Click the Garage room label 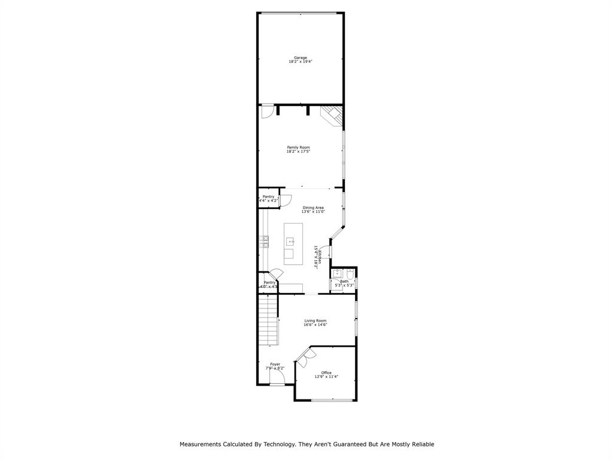point(300,57)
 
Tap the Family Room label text point(298,147)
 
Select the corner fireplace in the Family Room point(333,115)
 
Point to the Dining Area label point(312,208)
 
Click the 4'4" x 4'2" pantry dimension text point(269,201)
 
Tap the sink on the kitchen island point(290,241)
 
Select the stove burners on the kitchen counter point(264,241)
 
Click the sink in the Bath point(336,274)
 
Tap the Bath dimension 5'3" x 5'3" point(344,285)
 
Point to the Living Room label point(315,320)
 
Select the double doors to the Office point(305,357)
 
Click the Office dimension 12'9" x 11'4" point(326,377)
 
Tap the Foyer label point(275,364)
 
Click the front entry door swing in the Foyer point(277,376)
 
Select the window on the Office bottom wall point(331,400)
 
